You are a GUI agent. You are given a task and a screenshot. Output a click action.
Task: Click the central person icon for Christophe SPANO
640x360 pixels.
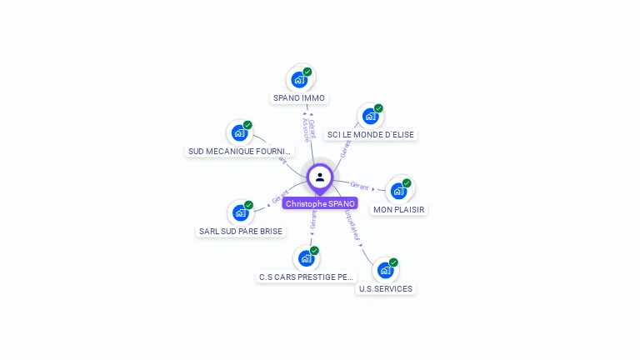(319, 177)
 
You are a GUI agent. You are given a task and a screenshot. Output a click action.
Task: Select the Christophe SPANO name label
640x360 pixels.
(320, 203)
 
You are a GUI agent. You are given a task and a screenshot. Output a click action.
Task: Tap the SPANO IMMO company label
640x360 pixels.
(299, 98)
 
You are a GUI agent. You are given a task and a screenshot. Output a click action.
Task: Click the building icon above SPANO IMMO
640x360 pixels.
(299, 81)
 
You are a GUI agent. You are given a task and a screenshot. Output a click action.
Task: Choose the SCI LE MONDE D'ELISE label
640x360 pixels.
(370, 134)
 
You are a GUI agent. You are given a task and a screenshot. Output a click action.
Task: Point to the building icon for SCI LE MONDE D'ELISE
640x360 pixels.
(370, 117)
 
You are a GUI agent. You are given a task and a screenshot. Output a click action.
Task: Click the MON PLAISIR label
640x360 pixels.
(398, 210)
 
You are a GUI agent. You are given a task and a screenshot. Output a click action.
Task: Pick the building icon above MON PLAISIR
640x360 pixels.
(398, 191)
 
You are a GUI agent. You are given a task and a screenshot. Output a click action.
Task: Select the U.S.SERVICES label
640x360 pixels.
(385, 288)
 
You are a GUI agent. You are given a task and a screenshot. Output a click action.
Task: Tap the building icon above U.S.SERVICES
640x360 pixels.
(385, 270)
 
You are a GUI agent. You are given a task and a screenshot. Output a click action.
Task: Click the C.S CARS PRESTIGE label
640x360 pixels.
(307, 277)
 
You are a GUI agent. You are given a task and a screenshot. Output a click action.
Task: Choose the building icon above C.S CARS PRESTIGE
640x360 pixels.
(307, 258)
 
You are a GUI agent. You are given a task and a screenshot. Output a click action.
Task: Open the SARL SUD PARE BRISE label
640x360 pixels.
(241, 231)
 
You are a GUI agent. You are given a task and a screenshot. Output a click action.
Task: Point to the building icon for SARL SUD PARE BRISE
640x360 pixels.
(241, 212)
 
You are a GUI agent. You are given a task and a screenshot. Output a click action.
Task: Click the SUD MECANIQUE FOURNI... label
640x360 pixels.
(240, 152)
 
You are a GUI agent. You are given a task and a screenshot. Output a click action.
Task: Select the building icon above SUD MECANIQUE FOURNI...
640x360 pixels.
(240, 132)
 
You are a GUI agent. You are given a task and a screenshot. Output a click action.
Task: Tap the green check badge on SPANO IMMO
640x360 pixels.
(307, 72)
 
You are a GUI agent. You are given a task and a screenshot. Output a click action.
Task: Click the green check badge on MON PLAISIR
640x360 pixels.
(407, 182)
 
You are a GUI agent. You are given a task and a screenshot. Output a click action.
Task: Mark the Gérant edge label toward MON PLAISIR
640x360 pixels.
(359, 186)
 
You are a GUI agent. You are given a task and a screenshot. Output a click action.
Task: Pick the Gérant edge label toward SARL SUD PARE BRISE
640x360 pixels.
(280, 197)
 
